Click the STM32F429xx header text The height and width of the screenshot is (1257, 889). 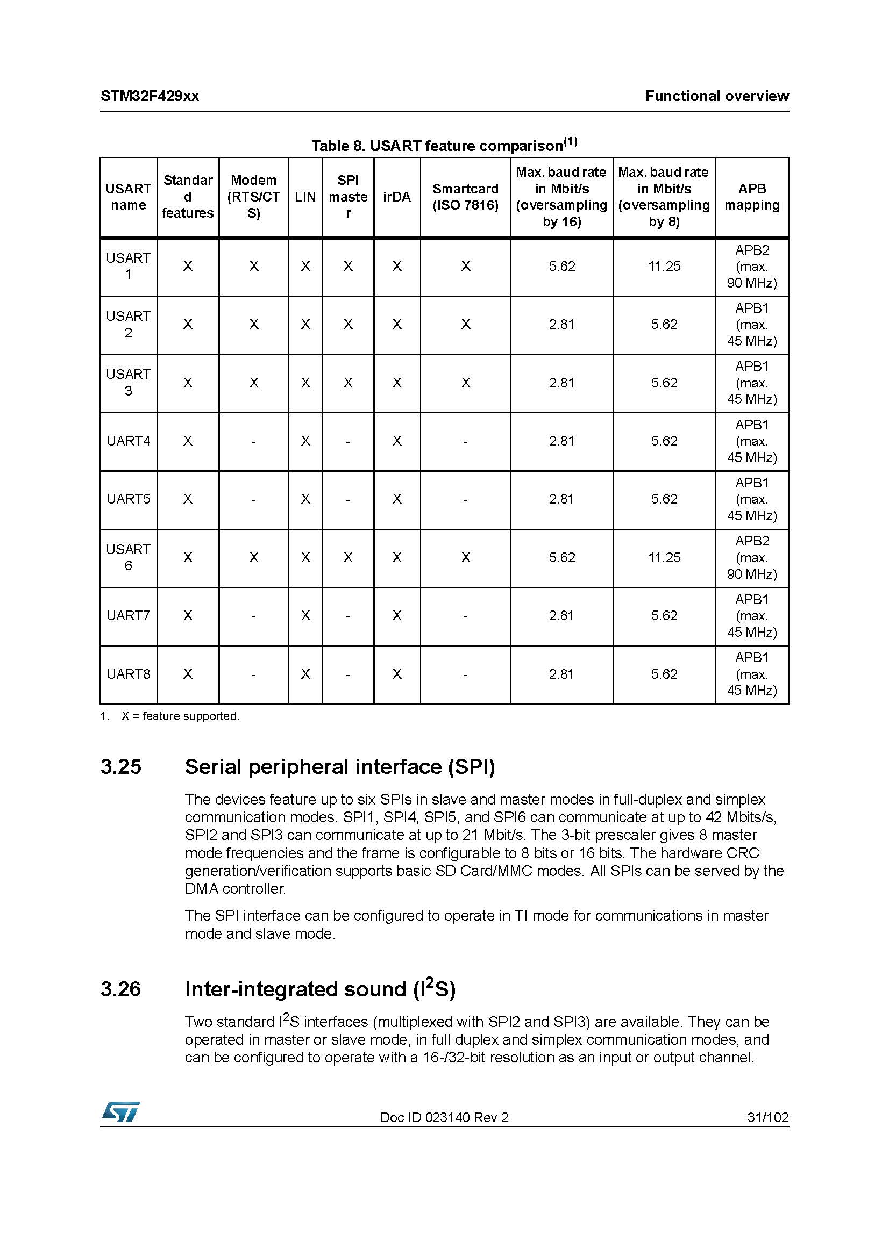coord(150,96)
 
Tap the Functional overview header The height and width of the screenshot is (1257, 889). coord(716,96)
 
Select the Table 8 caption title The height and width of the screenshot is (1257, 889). coord(444,145)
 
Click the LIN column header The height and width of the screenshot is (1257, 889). coord(305,197)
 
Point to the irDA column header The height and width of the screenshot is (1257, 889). coord(396,197)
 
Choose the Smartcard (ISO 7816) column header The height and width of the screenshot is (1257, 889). coord(465,197)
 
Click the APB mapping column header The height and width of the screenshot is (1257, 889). coord(751,197)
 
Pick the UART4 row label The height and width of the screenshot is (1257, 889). coord(128,441)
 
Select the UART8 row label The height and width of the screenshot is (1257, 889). coord(128,674)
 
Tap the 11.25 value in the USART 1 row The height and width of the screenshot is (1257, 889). coord(664,267)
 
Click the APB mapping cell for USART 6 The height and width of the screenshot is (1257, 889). coord(751,557)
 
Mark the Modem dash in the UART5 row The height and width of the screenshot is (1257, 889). coord(254,499)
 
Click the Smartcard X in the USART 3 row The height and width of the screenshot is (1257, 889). coord(465,383)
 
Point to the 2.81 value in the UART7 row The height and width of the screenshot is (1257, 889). coord(561,616)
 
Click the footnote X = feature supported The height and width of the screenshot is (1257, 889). coord(180,716)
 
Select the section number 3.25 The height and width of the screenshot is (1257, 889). coord(121,767)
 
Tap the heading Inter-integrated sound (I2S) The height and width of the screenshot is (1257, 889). coord(320,989)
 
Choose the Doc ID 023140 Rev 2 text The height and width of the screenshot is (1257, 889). coord(444,1117)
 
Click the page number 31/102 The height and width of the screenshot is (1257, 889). coord(767,1117)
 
